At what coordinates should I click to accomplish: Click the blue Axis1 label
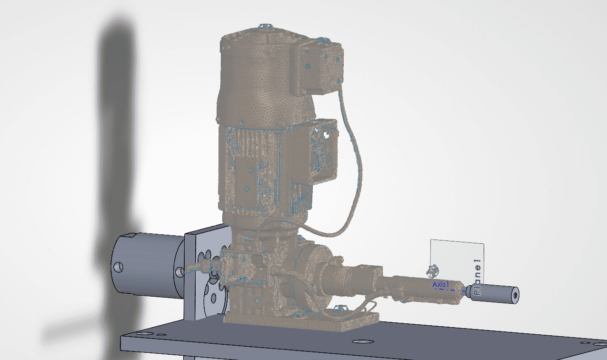441,284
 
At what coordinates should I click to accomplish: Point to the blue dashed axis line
451,290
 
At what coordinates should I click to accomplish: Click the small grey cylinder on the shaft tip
494,294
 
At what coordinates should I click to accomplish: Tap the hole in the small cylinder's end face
515,295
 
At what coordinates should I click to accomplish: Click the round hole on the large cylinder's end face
118,267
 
